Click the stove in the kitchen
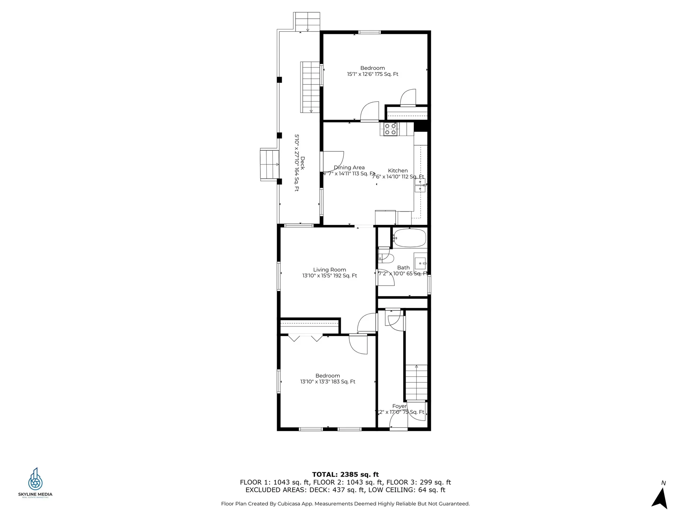pyautogui.click(x=390, y=129)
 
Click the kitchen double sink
pyautogui.click(x=420, y=185)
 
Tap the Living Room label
pyautogui.click(x=329, y=270)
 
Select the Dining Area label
pyautogui.click(x=349, y=168)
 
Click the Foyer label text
pyautogui.click(x=399, y=406)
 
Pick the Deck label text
pyautogui.click(x=302, y=163)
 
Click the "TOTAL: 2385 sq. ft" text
pyautogui.click(x=345, y=474)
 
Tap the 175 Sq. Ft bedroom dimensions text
pyautogui.click(x=372, y=74)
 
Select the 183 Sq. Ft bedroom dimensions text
pyautogui.click(x=328, y=382)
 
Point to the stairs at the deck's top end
pyautogui.click(x=307, y=22)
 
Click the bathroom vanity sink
pyautogui.click(x=420, y=263)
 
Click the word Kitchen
pyautogui.click(x=398, y=171)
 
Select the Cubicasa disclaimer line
pyautogui.click(x=345, y=504)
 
